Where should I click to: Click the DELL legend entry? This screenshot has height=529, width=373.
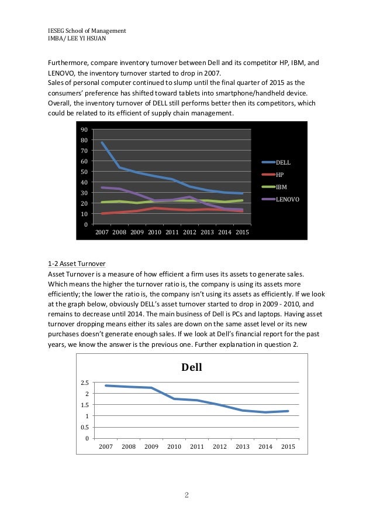click(x=283, y=162)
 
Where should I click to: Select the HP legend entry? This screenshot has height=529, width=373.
click(x=280, y=175)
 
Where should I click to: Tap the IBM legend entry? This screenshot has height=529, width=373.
click(x=281, y=187)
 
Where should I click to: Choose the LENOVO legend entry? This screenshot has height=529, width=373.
click(x=286, y=200)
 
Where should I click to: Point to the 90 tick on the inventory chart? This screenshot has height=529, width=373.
click(x=84, y=130)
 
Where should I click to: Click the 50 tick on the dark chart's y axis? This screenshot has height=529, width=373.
click(x=84, y=172)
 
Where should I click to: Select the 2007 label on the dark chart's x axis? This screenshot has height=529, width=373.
click(x=103, y=233)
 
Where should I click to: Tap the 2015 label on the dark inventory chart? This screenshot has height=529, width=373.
click(x=242, y=233)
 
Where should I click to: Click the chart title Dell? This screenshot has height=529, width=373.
click(x=192, y=368)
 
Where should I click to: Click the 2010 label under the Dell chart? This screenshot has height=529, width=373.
click(x=174, y=447)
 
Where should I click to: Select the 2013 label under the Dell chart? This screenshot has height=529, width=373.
click(x=242, y=447)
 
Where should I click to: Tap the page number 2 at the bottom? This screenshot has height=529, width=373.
click(x=186, y=495)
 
